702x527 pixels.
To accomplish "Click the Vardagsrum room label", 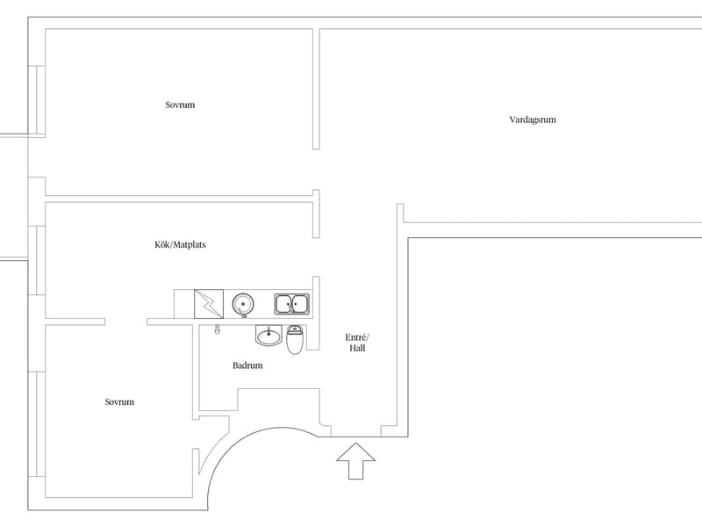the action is point(533,119).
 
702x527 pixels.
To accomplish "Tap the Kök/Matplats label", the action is point(180,245).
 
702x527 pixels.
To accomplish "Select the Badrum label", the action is point(247,365).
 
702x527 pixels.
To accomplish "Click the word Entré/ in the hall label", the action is point(357,337).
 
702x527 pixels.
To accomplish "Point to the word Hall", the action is point(357,348).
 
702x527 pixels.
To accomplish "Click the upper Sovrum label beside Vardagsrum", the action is point(180,105).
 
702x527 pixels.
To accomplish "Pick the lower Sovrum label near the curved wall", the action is point(119,402).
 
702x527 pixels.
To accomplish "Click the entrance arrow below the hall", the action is point(356,460).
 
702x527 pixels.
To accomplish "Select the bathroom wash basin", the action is point(269,336).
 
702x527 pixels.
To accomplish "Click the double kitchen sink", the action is point(291,304).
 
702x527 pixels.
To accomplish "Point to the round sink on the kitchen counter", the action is point(243,304).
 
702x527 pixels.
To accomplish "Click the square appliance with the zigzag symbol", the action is point(209,304).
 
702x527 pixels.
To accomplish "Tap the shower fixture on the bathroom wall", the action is point(217,329).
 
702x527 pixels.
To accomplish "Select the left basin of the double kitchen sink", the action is point(283,304).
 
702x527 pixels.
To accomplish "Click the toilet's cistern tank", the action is point(294,329).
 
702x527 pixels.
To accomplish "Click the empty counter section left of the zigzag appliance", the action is point(184,304).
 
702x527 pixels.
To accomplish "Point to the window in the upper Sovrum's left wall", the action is point(37,99).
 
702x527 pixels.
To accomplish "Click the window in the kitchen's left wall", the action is point(37,260).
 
